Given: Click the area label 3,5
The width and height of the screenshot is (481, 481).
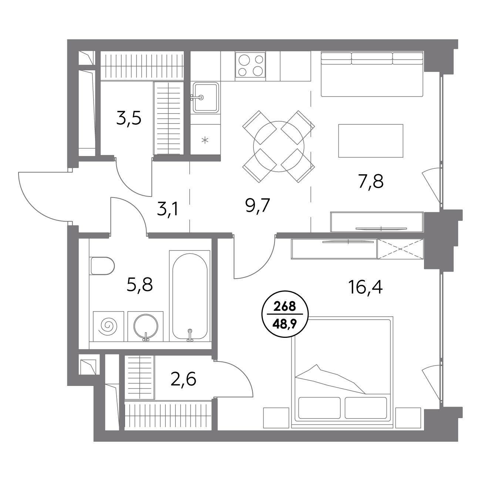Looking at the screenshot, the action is [x=129, y=119].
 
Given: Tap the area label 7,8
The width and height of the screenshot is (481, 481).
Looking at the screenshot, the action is [x=371, y=181].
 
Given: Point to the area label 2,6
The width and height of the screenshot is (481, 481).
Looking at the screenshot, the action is [x=184, y=379].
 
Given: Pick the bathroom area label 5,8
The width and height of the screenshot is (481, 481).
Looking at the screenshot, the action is [x=140, y=285].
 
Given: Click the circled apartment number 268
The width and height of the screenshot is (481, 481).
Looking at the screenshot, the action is [x=285, y=306].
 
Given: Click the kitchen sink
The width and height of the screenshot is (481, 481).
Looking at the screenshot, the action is [x=205, y=97].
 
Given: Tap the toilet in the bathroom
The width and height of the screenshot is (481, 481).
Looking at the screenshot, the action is [x=102, y=266].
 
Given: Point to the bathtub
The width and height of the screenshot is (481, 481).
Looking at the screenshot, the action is [x=190, y=296].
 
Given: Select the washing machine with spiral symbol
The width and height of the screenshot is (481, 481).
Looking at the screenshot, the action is [x=108, y=326].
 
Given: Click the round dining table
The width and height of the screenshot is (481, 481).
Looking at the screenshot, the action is [x=279, y=147].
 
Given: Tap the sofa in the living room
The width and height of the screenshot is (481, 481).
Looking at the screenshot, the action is [x=372, y=74].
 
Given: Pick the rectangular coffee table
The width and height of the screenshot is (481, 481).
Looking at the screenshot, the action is [x=371, y=141].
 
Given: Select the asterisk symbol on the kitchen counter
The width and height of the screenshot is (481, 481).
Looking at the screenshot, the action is [x=205, y=140].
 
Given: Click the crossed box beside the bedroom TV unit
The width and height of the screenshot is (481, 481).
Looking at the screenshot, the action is [x=400, y=249].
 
